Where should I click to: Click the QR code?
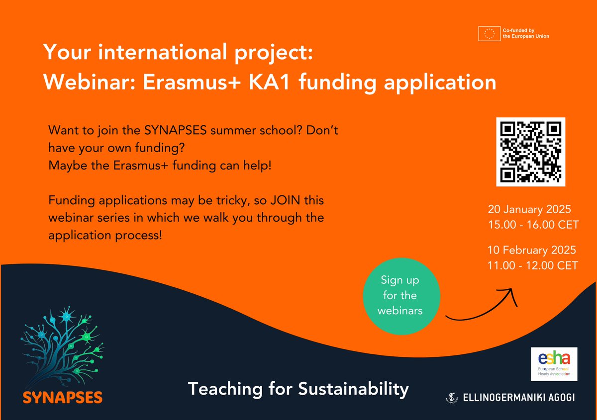531,152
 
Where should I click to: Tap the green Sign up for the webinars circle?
401,295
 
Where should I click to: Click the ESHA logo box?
554,364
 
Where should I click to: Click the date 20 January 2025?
529,208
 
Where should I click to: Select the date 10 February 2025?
532,250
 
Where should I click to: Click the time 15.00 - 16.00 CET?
533,225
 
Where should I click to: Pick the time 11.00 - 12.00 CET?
533,266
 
